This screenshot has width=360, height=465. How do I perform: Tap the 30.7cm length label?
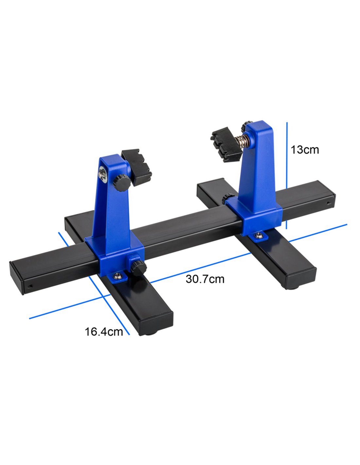[205, 279]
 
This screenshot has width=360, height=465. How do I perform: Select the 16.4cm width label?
[104, 332]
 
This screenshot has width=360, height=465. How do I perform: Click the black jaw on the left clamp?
[136, 167]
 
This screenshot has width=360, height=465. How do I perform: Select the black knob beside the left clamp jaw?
[121, 183]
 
